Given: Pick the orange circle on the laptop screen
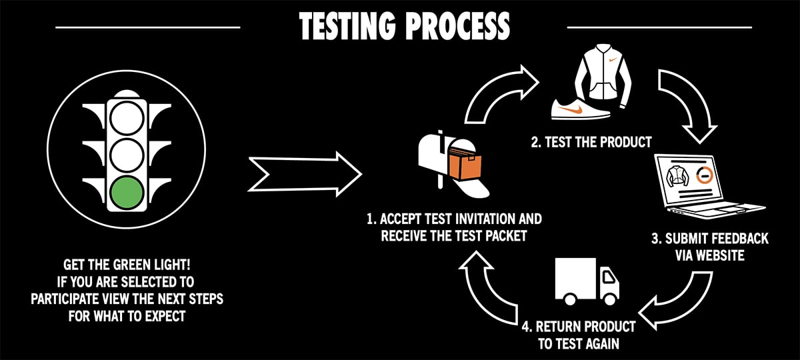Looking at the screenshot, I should point(703,175).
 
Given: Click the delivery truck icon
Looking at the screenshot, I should point(587,282).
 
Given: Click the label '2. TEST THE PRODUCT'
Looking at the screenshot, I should point(591,142).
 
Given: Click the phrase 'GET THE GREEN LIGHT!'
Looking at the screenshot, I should point(127,264).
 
